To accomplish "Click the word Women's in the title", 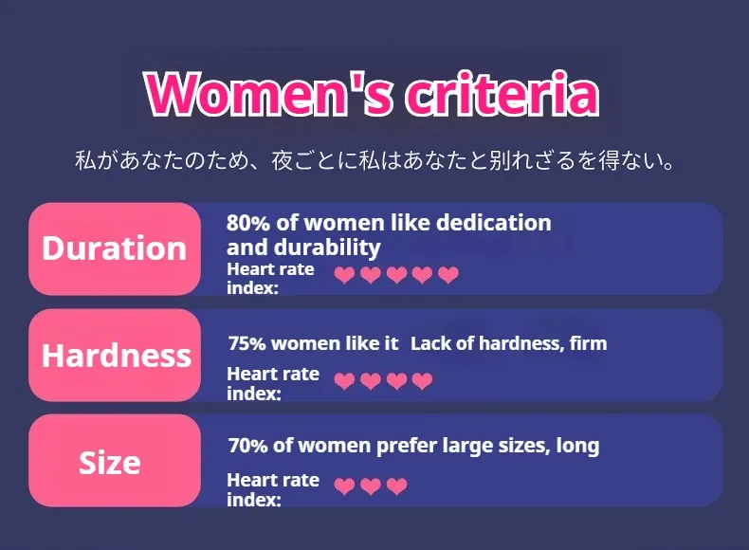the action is pos(269,93).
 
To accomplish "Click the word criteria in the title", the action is pos(502,93).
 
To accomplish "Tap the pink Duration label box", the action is pos(115,248).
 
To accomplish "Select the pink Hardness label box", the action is pos(115,355).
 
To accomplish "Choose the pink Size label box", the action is pos(115,461).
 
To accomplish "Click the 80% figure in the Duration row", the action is pos(247,223).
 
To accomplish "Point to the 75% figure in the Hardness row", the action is pos(247,343).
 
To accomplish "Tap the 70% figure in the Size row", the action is pos(247,446).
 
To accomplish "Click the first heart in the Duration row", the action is pos(344,275).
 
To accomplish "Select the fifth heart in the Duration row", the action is pos(448,275).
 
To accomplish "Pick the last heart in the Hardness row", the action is pos(422,381).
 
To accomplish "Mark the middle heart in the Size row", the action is pos(370,486).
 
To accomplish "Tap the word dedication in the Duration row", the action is pos(493,223).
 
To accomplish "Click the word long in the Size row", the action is pos(577,447).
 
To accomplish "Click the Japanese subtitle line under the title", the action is pos(375,160).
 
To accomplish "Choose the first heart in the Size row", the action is pos(344,486).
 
